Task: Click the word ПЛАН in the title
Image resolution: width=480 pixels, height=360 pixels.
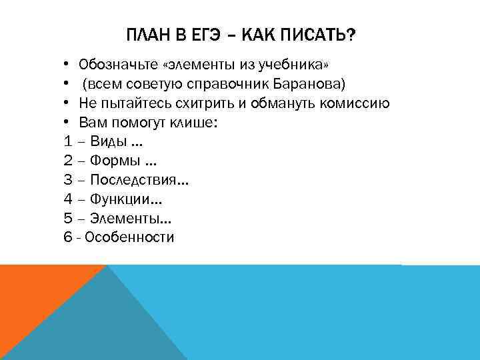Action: coord(144,34)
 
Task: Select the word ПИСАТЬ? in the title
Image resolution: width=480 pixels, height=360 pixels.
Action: coord(319,34)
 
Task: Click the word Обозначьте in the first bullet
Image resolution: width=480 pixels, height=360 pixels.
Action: coord(118,65)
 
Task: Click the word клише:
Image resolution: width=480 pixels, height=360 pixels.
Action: coord(193,123)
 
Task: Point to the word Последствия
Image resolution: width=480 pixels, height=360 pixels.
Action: coord(136,180)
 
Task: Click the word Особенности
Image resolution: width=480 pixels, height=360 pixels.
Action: coord(129,237)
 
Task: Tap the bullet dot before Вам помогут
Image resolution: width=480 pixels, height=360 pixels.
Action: coord(68,123)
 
